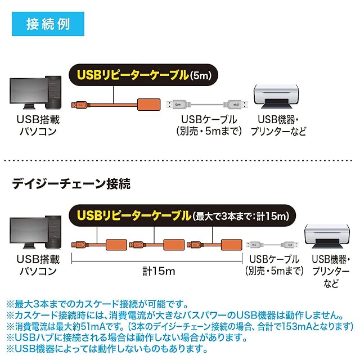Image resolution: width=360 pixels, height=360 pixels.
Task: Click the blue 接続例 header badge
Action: [x=47, y=25]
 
